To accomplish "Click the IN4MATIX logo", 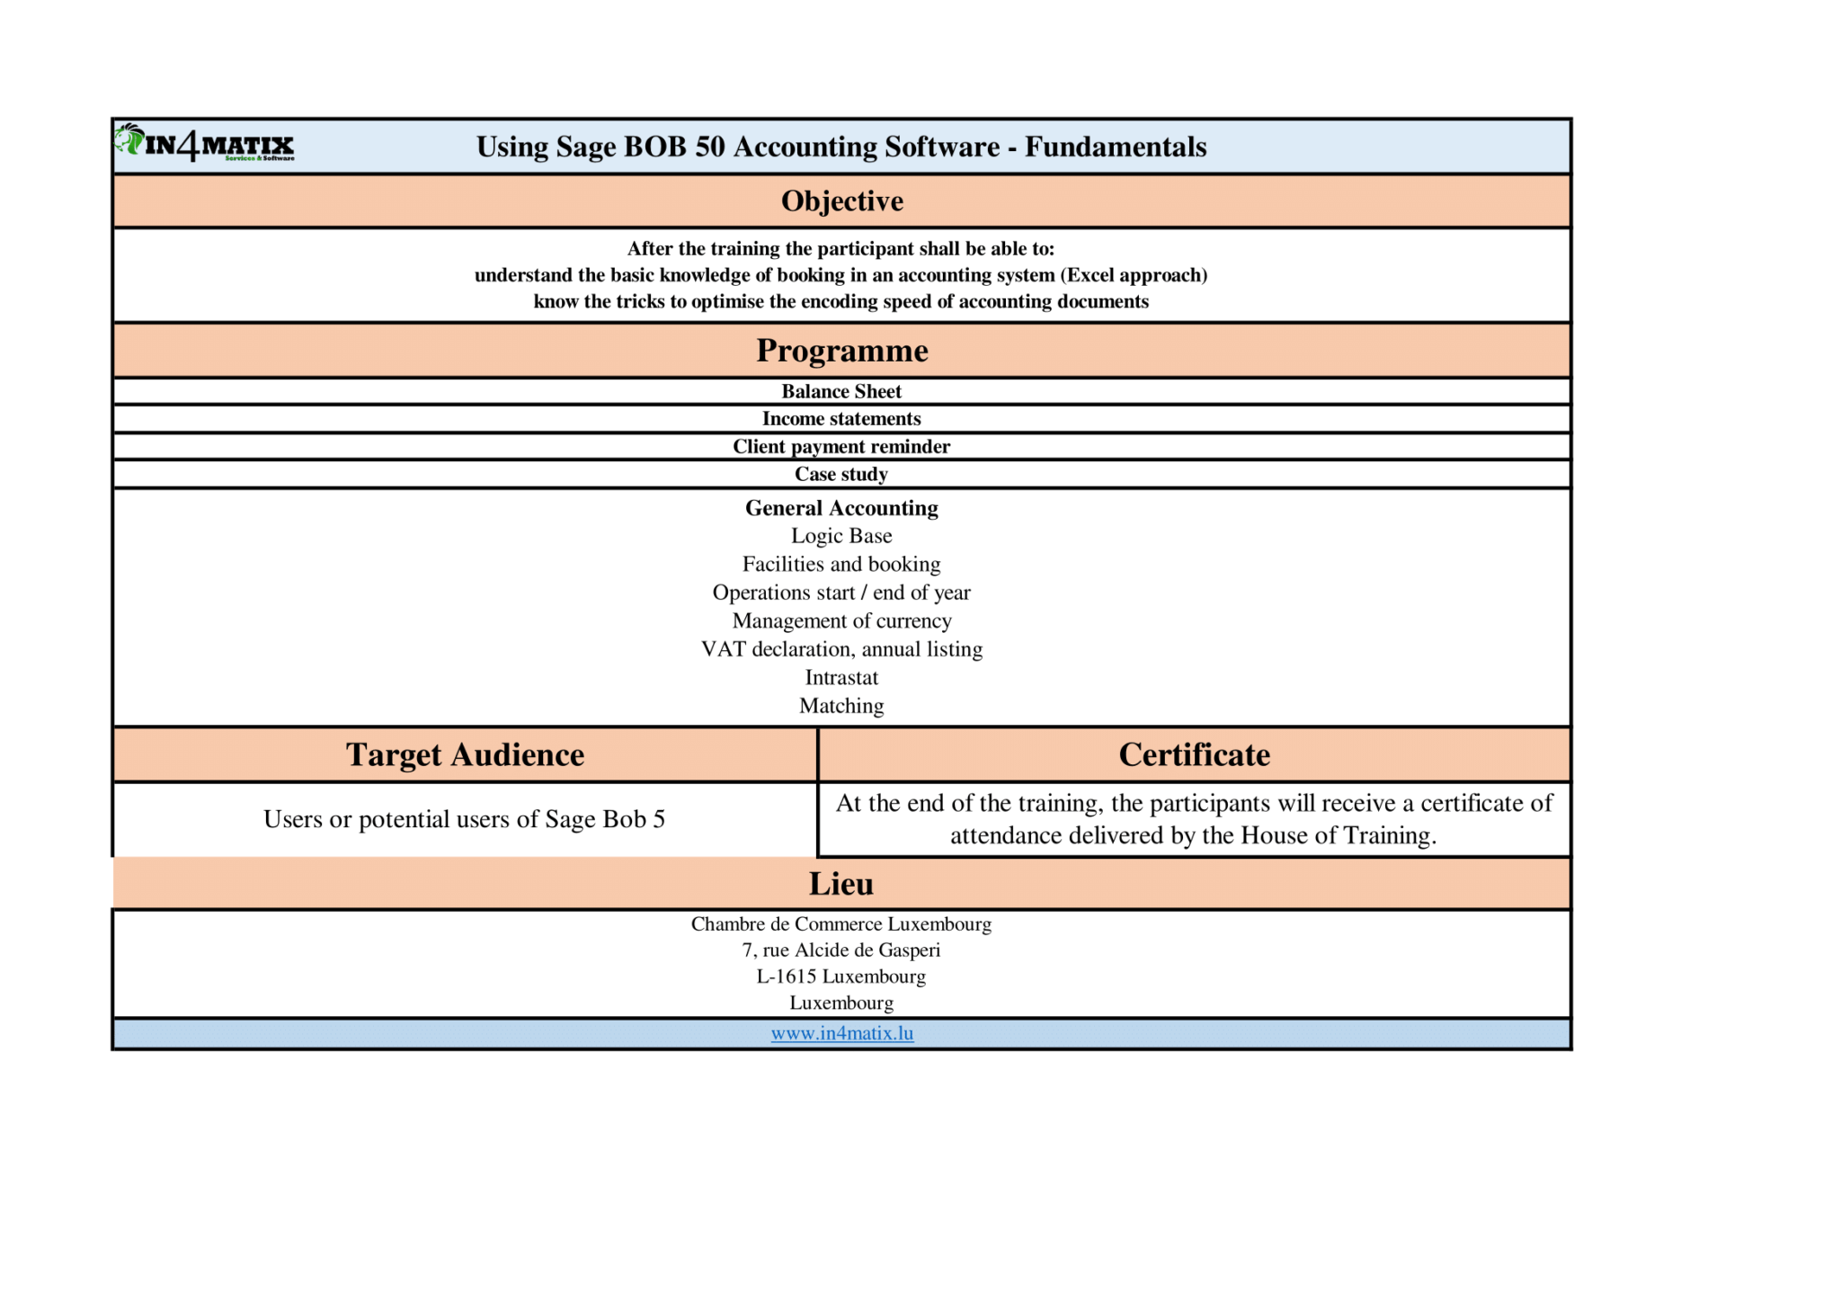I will [205, 144].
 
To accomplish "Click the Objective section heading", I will [841, 201].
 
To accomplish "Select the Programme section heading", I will [841, 350].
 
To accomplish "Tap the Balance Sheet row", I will [841, 391].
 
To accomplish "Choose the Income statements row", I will [841, 418].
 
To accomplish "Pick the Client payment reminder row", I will [841, 446].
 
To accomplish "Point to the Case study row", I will [841, 474].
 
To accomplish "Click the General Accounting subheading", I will [841, 508].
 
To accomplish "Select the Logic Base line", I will [841, 536].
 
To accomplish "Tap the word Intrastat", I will [841, 677].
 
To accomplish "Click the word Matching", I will [841, 706].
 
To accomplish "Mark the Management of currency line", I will [841, 620].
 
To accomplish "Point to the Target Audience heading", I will [465, 754].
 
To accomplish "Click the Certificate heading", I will [1194, 754].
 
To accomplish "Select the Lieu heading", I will [841, 883].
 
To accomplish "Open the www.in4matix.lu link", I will [842, 1033].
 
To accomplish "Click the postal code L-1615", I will [787, 976].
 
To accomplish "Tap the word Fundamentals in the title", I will [1116, 147].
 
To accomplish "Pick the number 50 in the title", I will [709, 147].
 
